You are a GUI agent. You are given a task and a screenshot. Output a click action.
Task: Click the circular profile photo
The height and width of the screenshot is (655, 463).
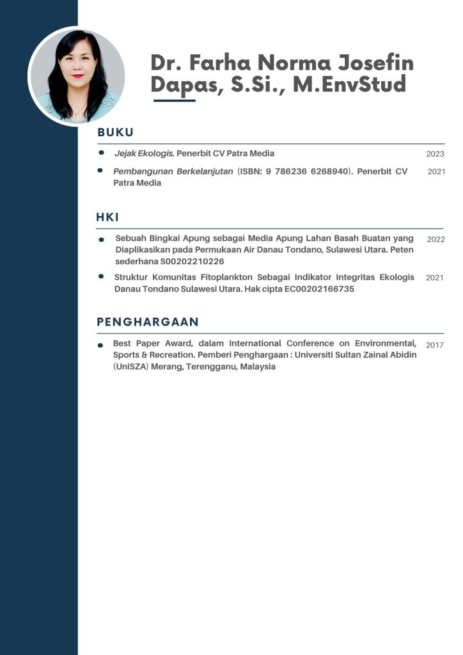point(77,75)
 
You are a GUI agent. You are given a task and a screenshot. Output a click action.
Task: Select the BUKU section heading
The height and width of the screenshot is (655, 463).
point(115,133)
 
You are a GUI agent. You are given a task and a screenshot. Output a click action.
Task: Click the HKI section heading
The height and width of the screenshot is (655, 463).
point(107,217)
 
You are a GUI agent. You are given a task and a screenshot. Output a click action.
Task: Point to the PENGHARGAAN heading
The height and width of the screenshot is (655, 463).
point(148,322)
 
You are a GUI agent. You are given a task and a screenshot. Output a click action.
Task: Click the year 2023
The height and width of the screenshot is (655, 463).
point(435,154)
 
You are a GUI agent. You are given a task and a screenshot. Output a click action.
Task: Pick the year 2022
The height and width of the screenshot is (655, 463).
point(436,239)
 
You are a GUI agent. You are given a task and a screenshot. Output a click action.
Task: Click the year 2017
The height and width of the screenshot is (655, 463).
point(435,345)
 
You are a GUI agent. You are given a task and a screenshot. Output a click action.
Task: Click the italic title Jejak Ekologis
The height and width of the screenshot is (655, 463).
point(144,154)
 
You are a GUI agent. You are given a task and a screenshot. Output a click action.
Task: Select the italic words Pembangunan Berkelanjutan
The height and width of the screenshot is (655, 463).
point(173,171)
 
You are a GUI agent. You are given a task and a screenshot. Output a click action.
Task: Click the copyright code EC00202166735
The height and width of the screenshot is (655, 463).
point(315,289)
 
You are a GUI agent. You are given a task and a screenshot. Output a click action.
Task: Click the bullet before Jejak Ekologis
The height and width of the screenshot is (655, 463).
point(101,153)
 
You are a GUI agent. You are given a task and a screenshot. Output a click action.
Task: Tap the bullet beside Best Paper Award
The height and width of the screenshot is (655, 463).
point(100,345)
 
